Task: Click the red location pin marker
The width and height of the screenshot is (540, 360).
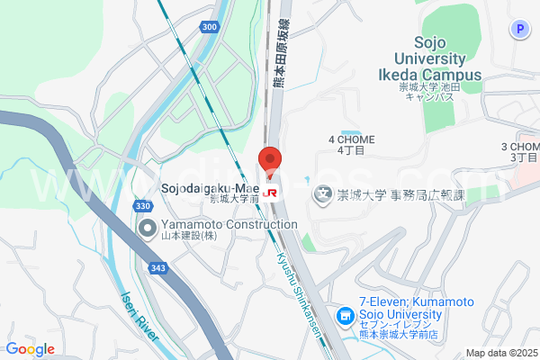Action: tap(271, 160)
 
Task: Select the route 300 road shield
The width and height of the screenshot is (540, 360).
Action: tap(210, 28)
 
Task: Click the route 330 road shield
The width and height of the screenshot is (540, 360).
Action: tap(143, 206)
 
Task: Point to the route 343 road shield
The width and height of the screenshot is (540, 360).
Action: tap(158, 243)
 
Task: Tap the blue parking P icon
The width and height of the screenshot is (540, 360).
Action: tap(519, 30)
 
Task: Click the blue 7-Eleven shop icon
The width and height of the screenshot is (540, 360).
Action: tap(344, 317)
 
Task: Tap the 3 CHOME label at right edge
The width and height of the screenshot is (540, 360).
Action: tap(521, 150)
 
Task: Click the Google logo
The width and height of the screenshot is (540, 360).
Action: tap(30, 349)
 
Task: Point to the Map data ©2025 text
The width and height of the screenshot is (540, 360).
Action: tap(501, 353)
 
